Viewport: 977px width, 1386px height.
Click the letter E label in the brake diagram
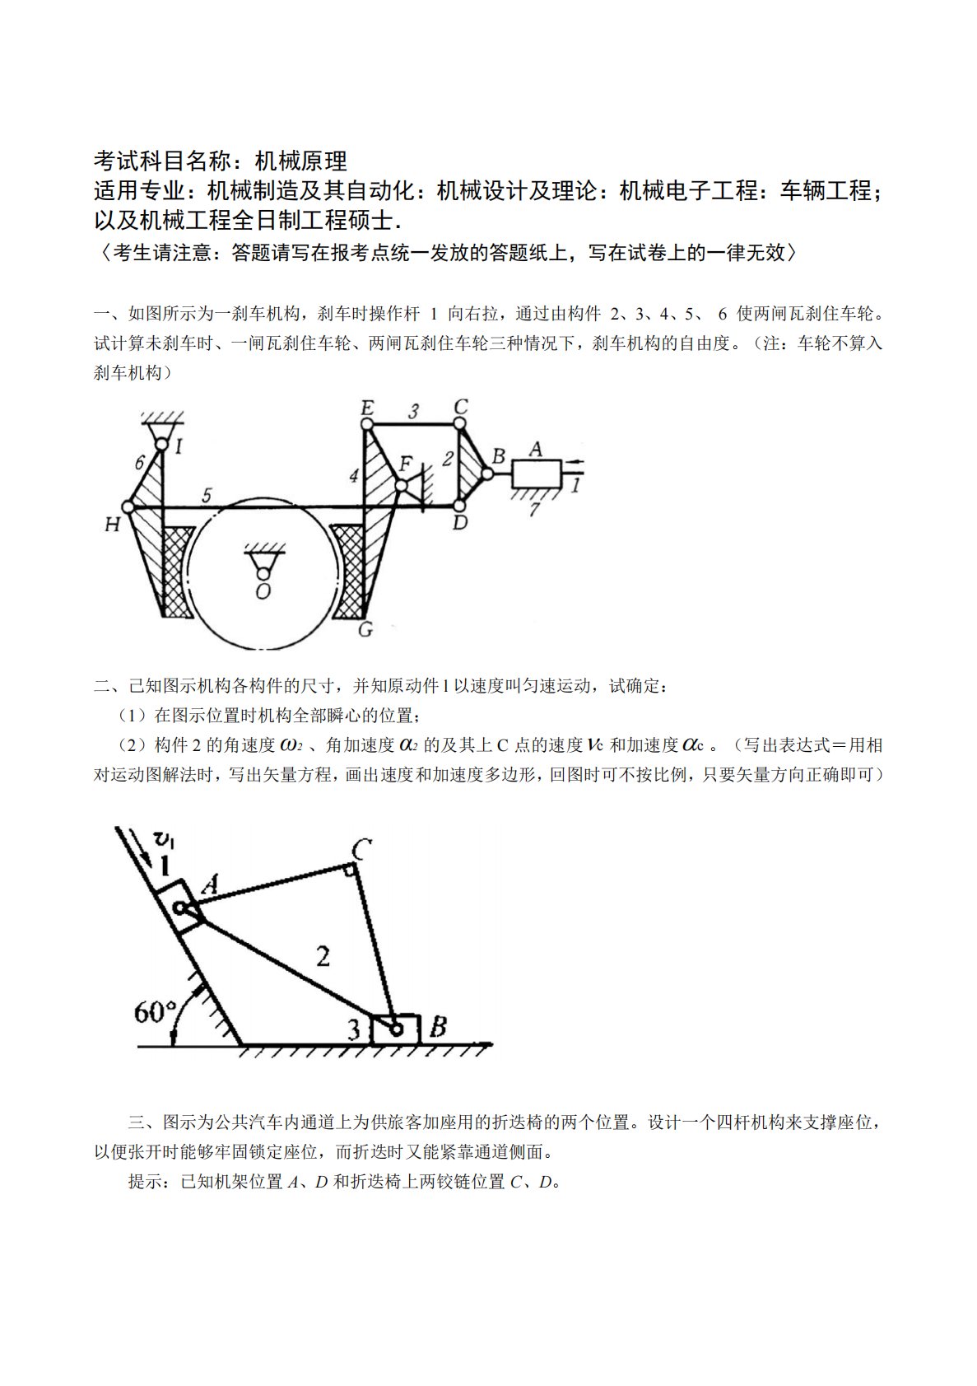click(367, 408)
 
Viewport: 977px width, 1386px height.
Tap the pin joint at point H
click(128, 507)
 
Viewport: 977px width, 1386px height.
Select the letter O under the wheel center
click(263, 591)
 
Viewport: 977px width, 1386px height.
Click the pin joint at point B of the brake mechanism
click(487, 474)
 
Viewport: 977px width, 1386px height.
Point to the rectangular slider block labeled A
click(536, 474)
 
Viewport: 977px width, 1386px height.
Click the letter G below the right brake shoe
click(365, 630)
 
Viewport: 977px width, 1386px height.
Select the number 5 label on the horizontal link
click(207, 495)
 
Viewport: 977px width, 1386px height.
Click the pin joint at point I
click(162, 446)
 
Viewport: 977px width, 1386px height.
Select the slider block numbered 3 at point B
click(396, 1029)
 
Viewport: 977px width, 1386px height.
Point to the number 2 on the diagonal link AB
click(323, 956)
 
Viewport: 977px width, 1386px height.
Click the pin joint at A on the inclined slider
click(179, 908)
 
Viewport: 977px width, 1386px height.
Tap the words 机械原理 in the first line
click(301, 160)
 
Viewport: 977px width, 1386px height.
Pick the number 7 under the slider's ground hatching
click(533, 509)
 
